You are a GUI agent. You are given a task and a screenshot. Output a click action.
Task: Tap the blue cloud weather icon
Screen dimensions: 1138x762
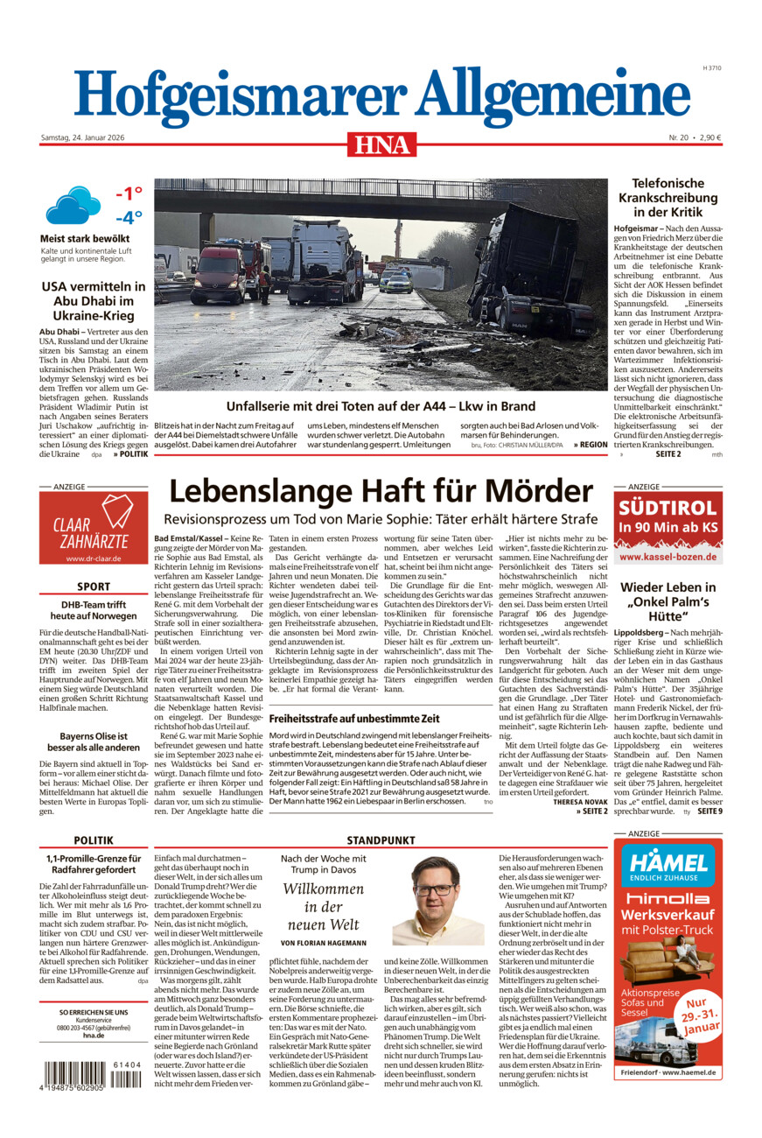coord(73,207)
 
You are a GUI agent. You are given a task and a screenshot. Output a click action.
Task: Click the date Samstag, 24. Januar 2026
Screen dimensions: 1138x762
coord(85,137)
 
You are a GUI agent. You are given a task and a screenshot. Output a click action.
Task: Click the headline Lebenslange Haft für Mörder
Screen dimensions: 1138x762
coord(381,490)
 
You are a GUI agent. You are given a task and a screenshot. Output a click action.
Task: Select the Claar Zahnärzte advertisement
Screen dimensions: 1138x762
coord(93,528)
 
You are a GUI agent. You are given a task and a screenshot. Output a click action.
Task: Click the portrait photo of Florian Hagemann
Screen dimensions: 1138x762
coord(437,902)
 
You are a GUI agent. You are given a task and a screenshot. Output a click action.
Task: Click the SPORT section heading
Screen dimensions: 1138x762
coord(93,587)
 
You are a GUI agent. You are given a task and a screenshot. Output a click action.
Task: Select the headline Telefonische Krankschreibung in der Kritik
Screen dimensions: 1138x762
coord(668,197)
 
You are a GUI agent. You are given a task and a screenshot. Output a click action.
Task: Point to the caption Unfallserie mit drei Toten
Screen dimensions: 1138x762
coord(381,406)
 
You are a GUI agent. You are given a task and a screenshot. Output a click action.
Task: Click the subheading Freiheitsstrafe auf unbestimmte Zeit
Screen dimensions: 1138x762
coord(341,719)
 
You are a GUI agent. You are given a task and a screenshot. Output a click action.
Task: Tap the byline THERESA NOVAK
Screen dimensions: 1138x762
coord(580,801)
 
